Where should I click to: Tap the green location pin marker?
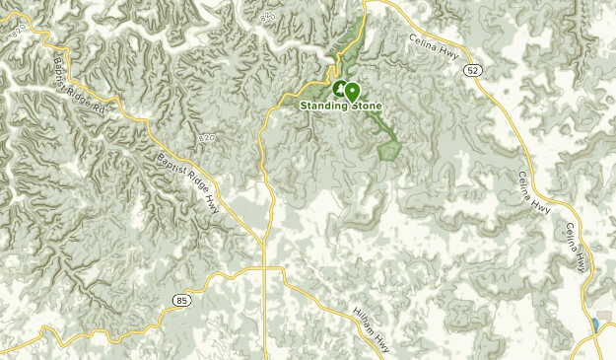pyautogui.click(x=352, y=91)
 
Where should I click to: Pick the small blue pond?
pyautogui.click(x=595, y=325)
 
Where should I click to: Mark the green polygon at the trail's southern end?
pyautogui.click(x=389, y=149)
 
